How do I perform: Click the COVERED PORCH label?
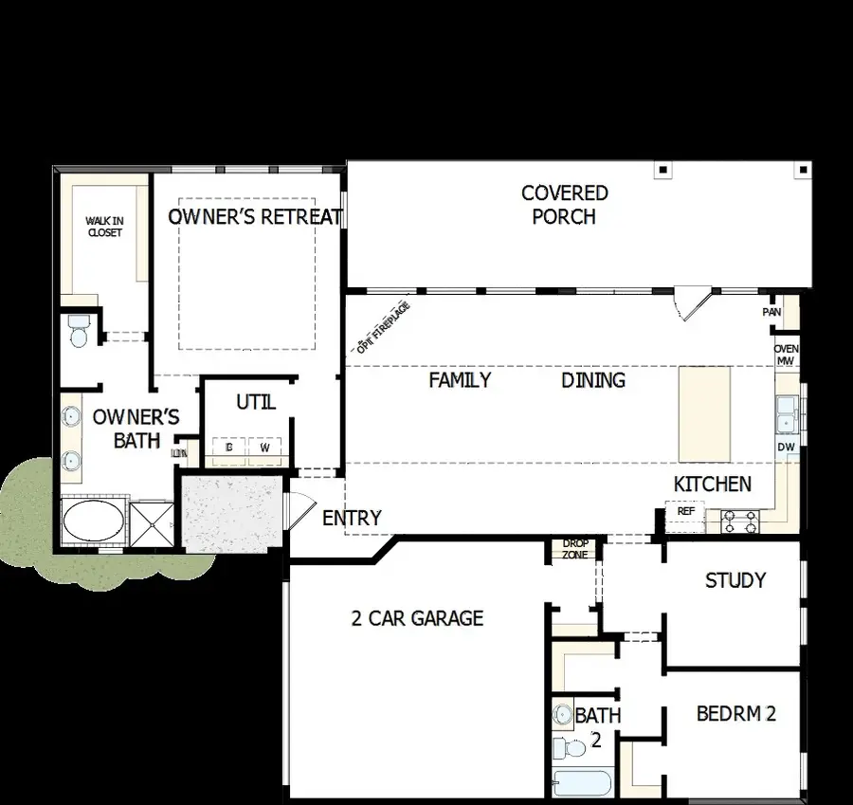pos(564,205)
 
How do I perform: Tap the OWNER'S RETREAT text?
pos(255,217)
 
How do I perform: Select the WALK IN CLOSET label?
pos(104,227)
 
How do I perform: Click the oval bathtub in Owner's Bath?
pos(93,521)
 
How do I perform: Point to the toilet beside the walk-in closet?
pos(78,331)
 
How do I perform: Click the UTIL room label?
pos(255,403)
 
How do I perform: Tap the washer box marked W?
pos(264,447)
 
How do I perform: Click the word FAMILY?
pos(460,380)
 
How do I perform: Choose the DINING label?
pos(593,380)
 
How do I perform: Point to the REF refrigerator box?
pos(685,511)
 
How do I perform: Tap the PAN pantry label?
pos(771,312)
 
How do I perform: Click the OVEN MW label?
pos(786,355)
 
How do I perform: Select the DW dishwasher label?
pos(786,447)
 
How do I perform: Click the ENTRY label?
pos(352,519)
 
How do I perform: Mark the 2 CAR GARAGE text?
pos(417,619)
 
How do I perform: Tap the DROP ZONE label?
pos(575,549)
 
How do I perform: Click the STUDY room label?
pos(735,580)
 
